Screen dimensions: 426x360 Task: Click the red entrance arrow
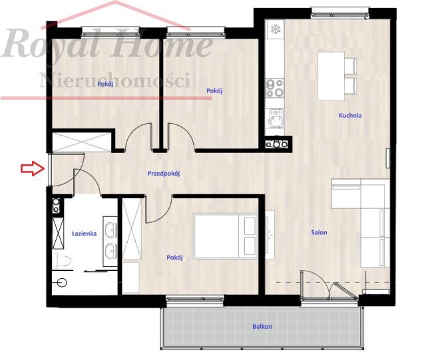(x=33, y=168)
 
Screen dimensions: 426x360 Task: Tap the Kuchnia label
(x=350, y=116)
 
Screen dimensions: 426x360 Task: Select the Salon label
(x=319, y=233)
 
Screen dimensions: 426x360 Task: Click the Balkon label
(x=262, y=327)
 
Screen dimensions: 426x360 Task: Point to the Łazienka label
(x=85, y=234)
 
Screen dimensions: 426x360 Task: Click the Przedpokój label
(x=164, y=173)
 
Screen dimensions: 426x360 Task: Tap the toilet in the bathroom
(x=62, y=262)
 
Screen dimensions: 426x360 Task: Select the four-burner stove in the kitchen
(x=275, y=88)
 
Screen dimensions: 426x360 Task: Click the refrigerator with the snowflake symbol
(x=275, y=29)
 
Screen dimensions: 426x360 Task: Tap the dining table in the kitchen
(x=331, y=77)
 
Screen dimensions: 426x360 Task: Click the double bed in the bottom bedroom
(x=226, y=236)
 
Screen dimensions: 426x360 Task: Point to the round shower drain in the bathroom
(x=62, y=283)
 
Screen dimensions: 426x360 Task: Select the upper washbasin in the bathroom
(x=111, y=228)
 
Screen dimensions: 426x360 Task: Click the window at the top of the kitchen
(x=339, y=13)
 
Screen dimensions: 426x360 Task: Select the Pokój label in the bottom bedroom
(x=174, y=258)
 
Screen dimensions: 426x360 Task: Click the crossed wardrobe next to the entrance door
(x=81, y=142)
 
